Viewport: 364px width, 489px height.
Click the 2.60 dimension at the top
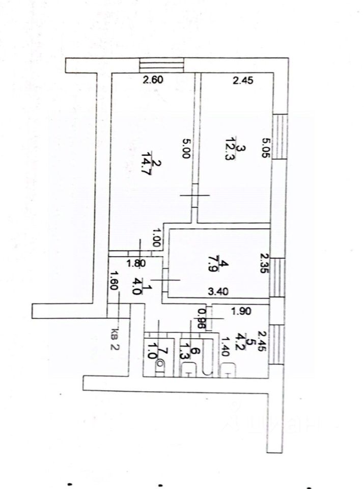153,79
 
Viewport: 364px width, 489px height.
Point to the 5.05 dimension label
265,148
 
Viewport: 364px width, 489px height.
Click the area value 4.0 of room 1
136,286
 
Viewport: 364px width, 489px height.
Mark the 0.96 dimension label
202,318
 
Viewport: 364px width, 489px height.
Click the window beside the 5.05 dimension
279,136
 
